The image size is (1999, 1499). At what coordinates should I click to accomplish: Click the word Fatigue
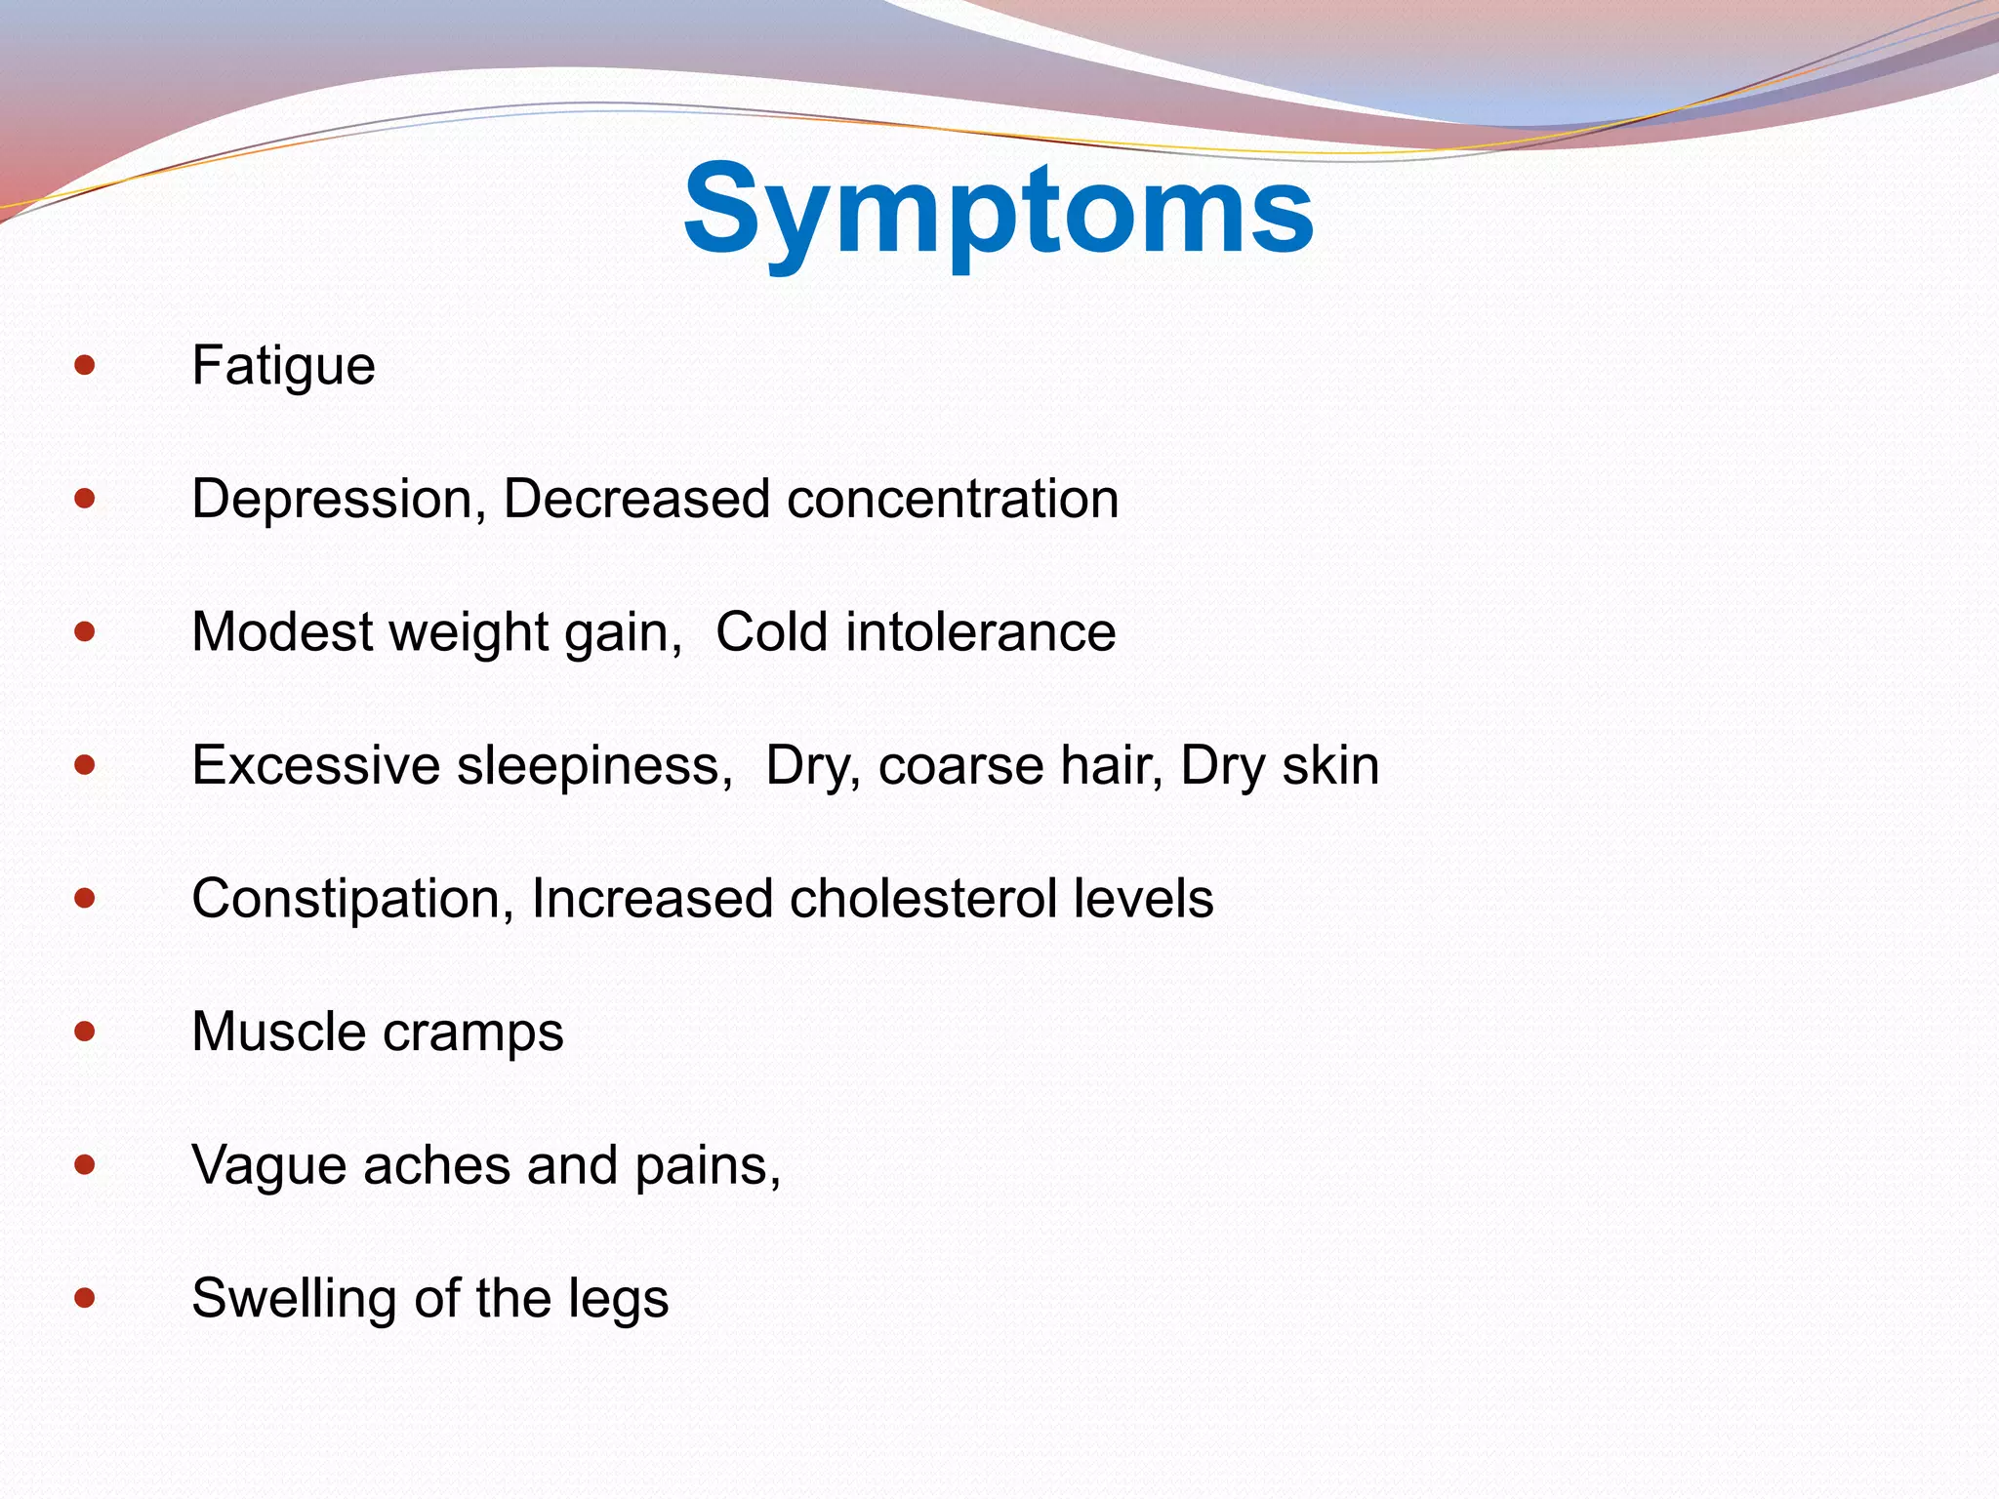coord(283,367)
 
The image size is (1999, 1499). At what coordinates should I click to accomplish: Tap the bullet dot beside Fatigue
coord(85,366)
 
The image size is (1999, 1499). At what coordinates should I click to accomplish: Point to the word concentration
coord(953,500)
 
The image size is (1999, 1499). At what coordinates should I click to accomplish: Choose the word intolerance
coord(981,632)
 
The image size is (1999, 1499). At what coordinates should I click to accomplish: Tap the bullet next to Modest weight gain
coord(85,632)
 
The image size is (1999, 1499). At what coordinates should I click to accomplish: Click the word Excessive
coord(315,766)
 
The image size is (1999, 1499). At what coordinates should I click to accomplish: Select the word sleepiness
coord(594,766)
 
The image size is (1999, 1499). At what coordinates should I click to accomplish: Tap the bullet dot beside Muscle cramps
coord(85,1032)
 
